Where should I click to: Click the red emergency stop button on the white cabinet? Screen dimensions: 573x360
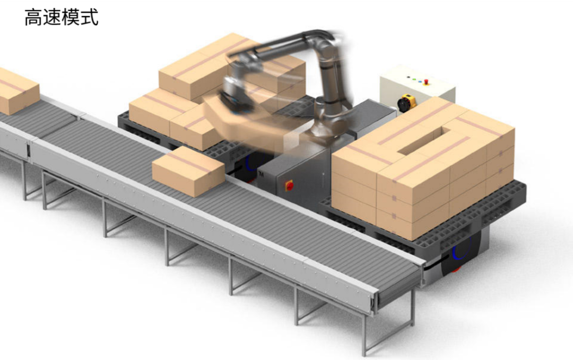(426, 83)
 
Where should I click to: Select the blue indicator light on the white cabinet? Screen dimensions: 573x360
(420, 81)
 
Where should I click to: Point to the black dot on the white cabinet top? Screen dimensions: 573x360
(408, 77)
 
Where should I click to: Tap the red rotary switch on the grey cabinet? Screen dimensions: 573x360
(289, 186)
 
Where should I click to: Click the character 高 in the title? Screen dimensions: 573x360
(33, 17)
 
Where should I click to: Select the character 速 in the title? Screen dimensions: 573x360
(51, 17)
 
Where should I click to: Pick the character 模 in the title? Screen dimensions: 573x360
(71, 17)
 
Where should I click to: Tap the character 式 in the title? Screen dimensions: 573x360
(90, 17)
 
